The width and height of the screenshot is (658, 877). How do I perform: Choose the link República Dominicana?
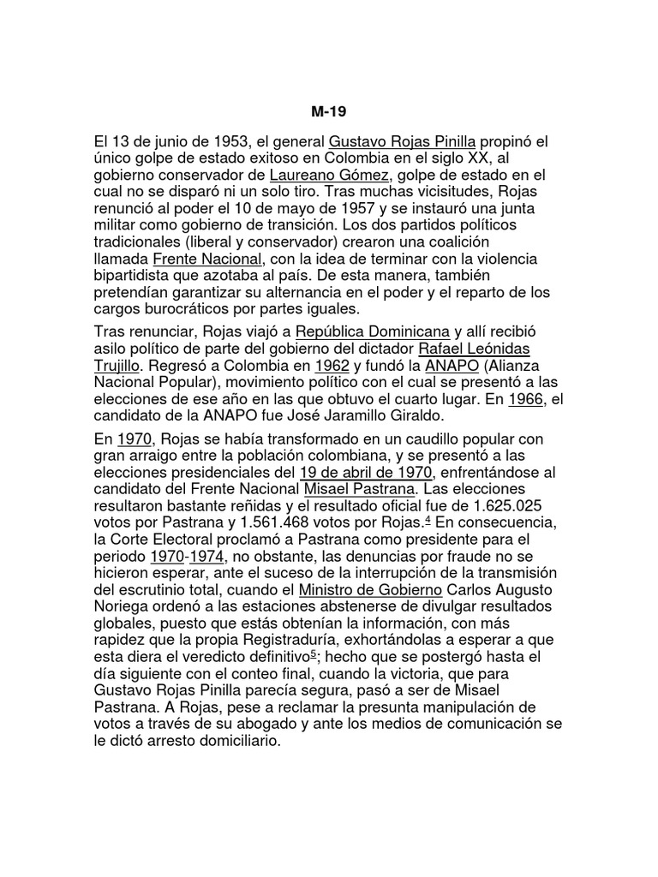coord(373,331)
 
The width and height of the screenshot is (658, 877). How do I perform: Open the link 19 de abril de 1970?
coord(368,473)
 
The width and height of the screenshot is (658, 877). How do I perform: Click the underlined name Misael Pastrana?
coord(359,489)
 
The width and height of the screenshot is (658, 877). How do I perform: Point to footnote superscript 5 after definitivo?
coord(313,653)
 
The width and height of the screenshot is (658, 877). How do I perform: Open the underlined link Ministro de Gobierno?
coord(370,590)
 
